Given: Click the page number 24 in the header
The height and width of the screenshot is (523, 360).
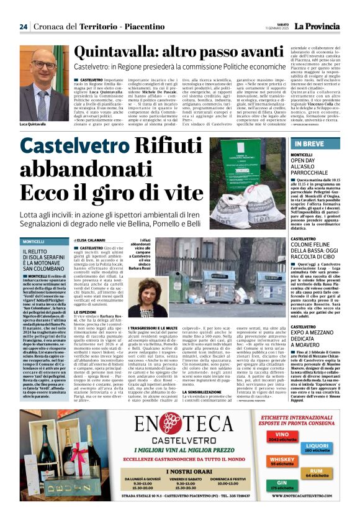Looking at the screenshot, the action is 24,27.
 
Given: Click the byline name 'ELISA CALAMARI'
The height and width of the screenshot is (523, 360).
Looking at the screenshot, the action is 94,239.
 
